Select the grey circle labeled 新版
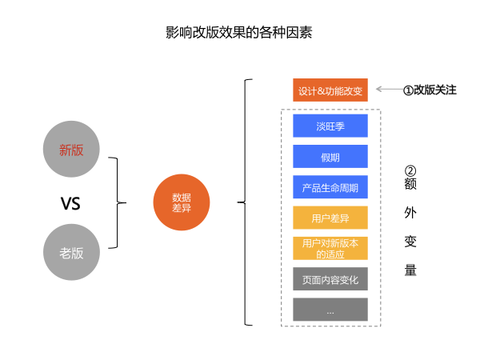click(71, 149)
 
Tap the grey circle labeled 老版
click(71, 252)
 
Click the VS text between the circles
click(71, 204)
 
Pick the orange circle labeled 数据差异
click(182, 202)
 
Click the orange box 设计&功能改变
click(330, 90)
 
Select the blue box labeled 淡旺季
click(330, 126)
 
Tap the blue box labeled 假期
click(330, 157)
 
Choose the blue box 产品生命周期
click(330, 188)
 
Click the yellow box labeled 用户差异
click(330, 218)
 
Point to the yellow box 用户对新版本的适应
click(330, 248)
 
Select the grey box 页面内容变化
click(330, 279)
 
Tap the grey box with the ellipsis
click(330, 310)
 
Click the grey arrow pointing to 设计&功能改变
click(387, 90)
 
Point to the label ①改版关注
click(430, 90)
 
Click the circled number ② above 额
click(410, 171)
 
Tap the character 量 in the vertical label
click(410, 270)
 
